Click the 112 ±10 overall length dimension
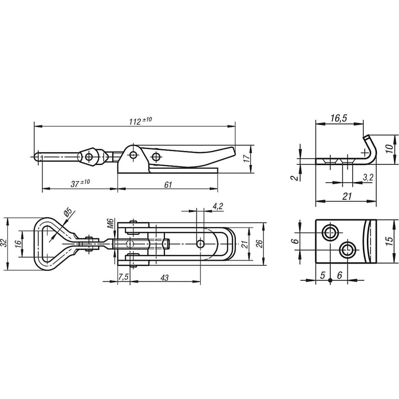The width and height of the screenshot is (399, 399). pos(140,121)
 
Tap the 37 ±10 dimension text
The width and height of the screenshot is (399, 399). pos(80,183)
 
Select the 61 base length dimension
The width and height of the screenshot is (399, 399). pos(168,185)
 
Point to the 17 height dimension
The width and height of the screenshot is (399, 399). pos(246,158)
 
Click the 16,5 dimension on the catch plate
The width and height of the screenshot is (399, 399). pos(339,119)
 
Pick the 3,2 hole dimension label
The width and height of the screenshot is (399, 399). pos(368,178)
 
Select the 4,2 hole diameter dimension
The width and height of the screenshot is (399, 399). pos(218,206)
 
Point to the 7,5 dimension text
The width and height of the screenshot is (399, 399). pos(123,277)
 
